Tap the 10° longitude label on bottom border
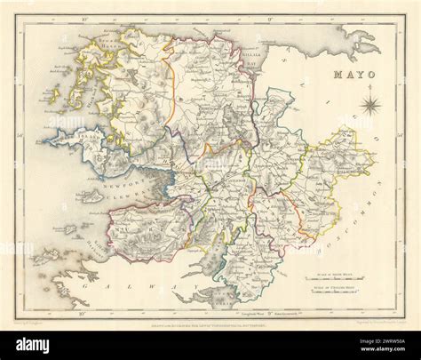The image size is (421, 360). (81, 313)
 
